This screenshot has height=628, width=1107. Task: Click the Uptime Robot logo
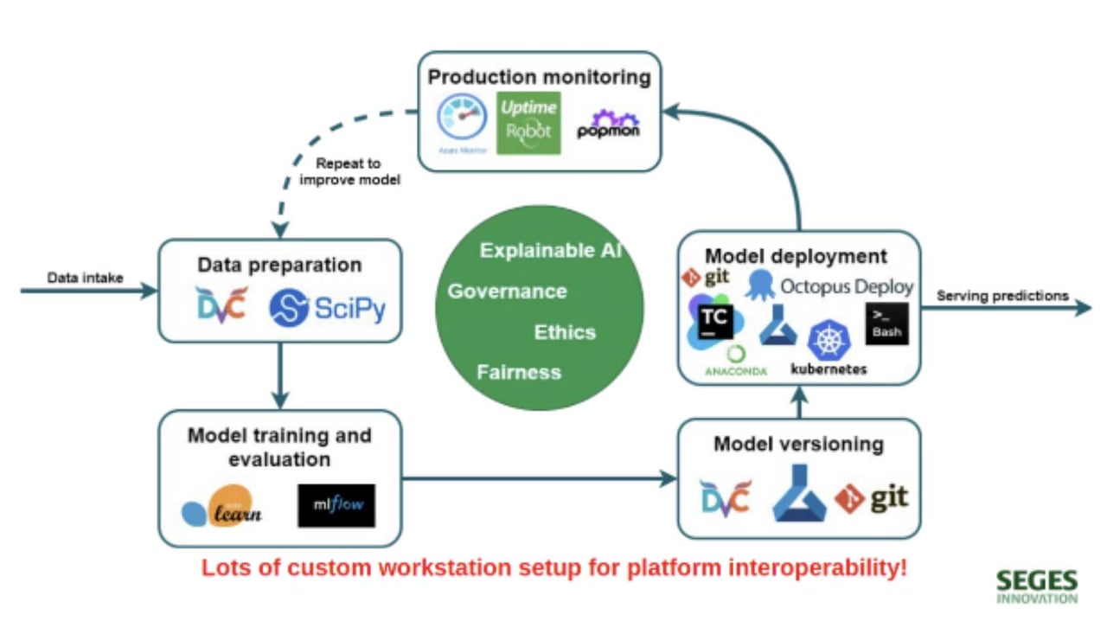point(528,124)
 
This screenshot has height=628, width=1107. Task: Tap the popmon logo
point(609,125)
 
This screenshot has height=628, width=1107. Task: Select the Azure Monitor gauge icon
point(463,122)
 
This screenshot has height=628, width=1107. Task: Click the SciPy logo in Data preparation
point(327,307)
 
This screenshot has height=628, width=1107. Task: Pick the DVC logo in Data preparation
point(221,305)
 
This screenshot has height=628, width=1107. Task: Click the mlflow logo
point(336,505)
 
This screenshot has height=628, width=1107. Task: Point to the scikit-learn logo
point(221,508)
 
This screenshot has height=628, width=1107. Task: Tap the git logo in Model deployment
point(706,278)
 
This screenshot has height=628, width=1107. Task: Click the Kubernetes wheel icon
point(829,340)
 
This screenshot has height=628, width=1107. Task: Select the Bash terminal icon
point(886,324)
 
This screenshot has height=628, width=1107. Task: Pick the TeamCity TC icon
point(713,322)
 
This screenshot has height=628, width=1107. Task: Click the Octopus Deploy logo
point(829,285)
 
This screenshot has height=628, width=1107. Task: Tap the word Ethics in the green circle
point(565,332)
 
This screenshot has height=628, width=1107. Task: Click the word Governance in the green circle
point(507,292)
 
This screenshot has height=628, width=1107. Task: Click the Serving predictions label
point(1002,296)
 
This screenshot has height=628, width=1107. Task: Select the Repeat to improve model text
point(349,171)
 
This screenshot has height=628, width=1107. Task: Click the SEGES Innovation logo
point(1036,586)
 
